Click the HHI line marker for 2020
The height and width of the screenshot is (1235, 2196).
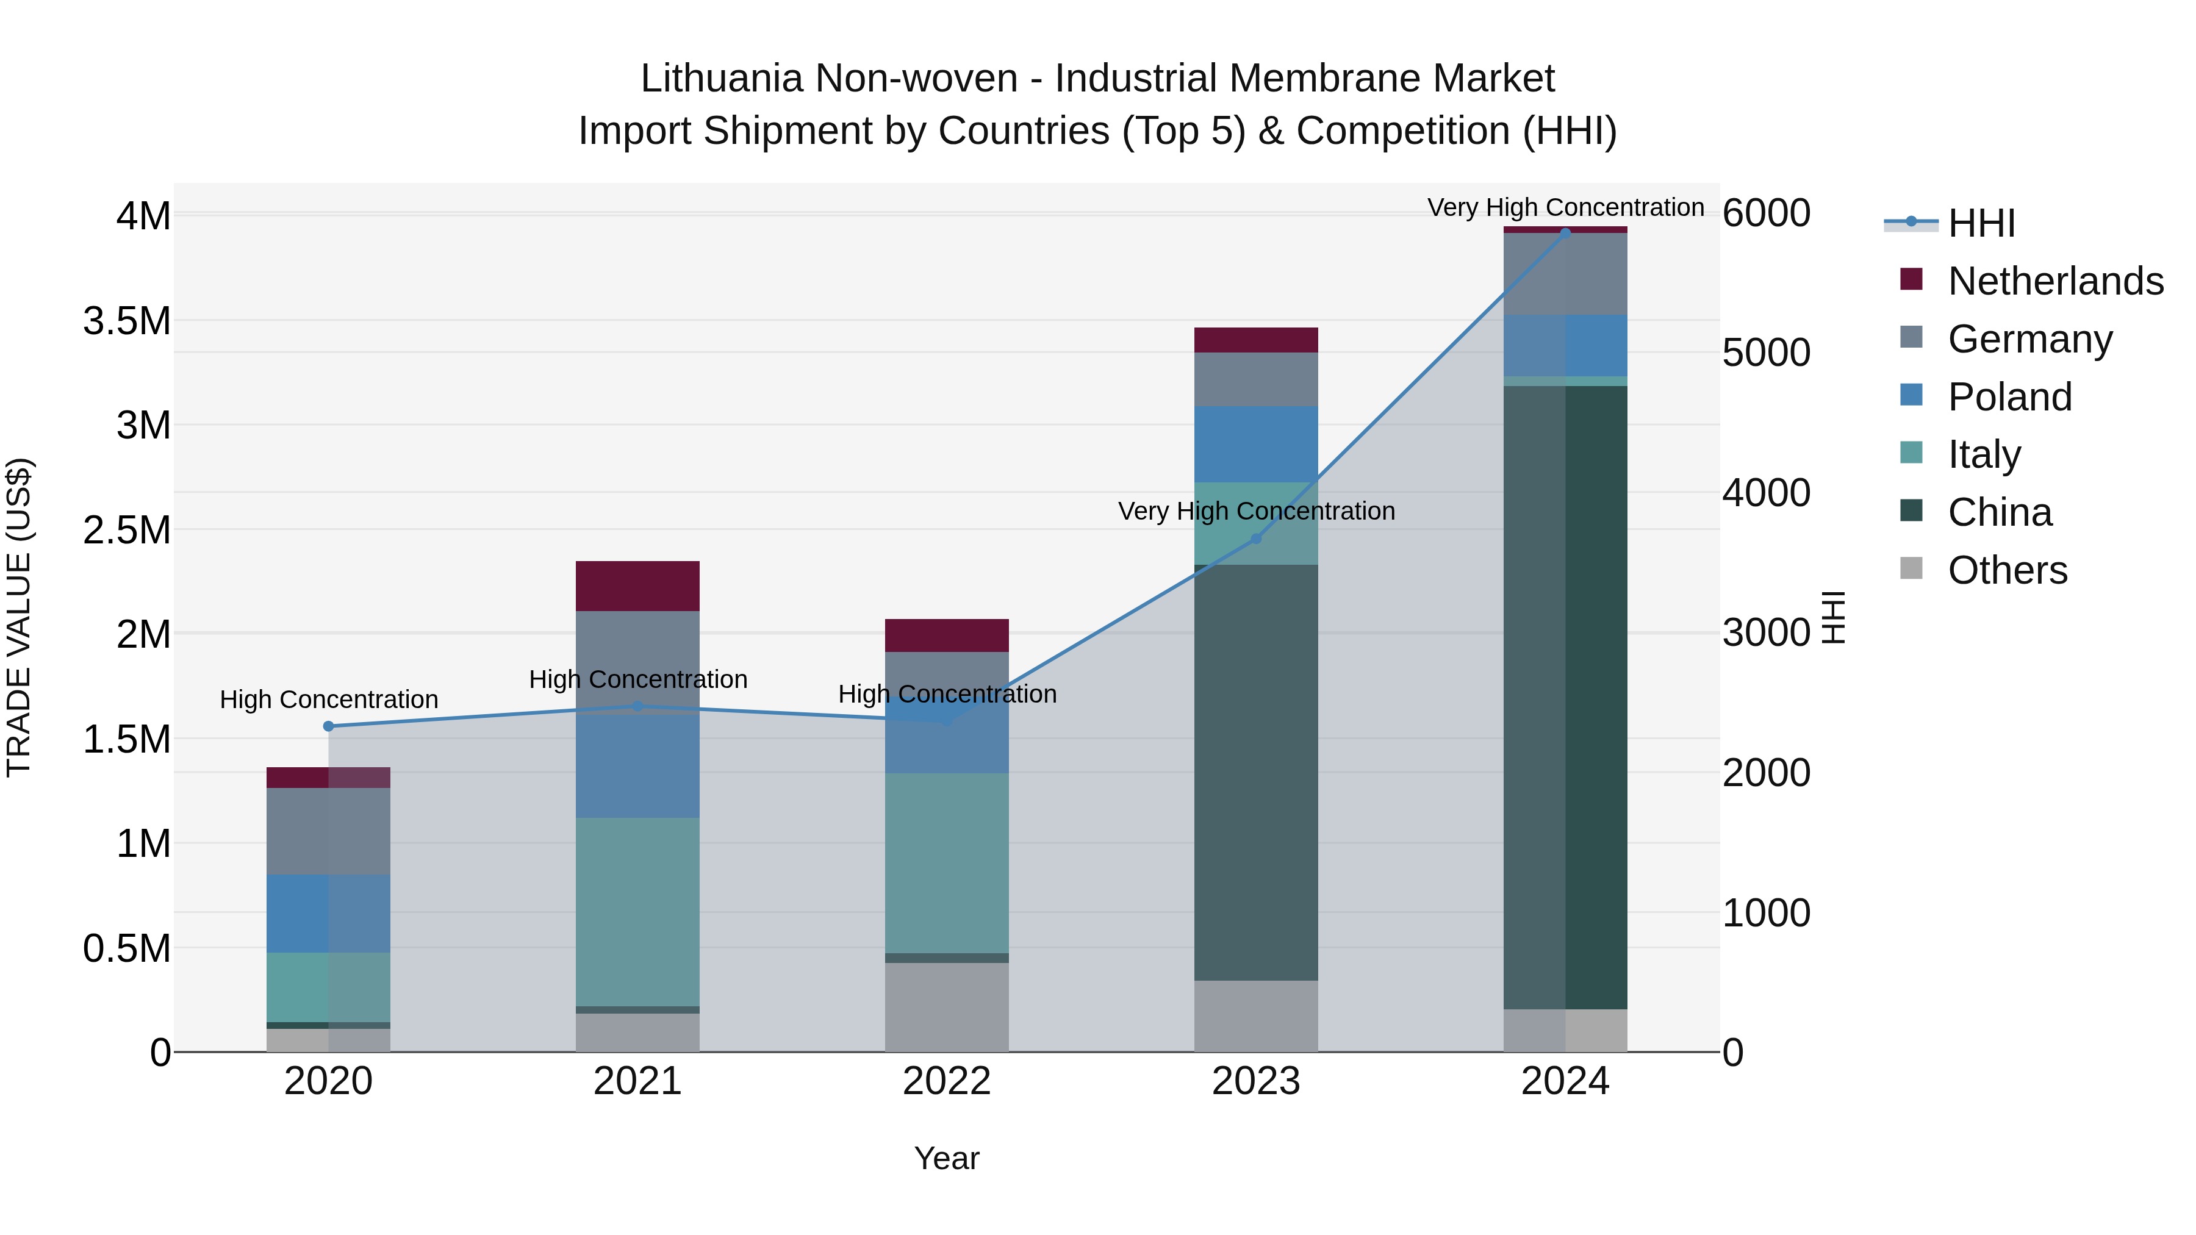[x=328, y=726]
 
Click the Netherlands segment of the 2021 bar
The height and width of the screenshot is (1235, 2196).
[x=637, y=585]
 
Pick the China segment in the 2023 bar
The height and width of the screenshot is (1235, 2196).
[x=1256, y=771]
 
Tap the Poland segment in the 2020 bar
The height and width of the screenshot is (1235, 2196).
[x=328, y=913]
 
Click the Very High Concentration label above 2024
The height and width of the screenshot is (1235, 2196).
[x=1565, y=207]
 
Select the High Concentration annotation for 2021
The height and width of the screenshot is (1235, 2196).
[x=637, y=679]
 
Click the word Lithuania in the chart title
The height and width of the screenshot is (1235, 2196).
[x=721, y=79]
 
